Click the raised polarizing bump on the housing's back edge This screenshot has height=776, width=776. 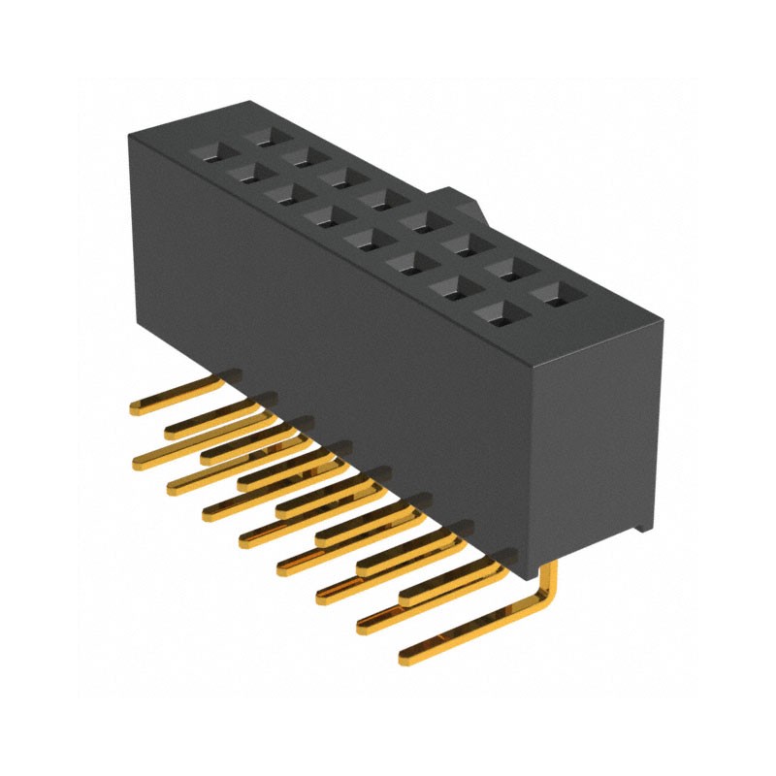[x=463, y=205]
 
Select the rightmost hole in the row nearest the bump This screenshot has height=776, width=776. [x=552, y=290]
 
